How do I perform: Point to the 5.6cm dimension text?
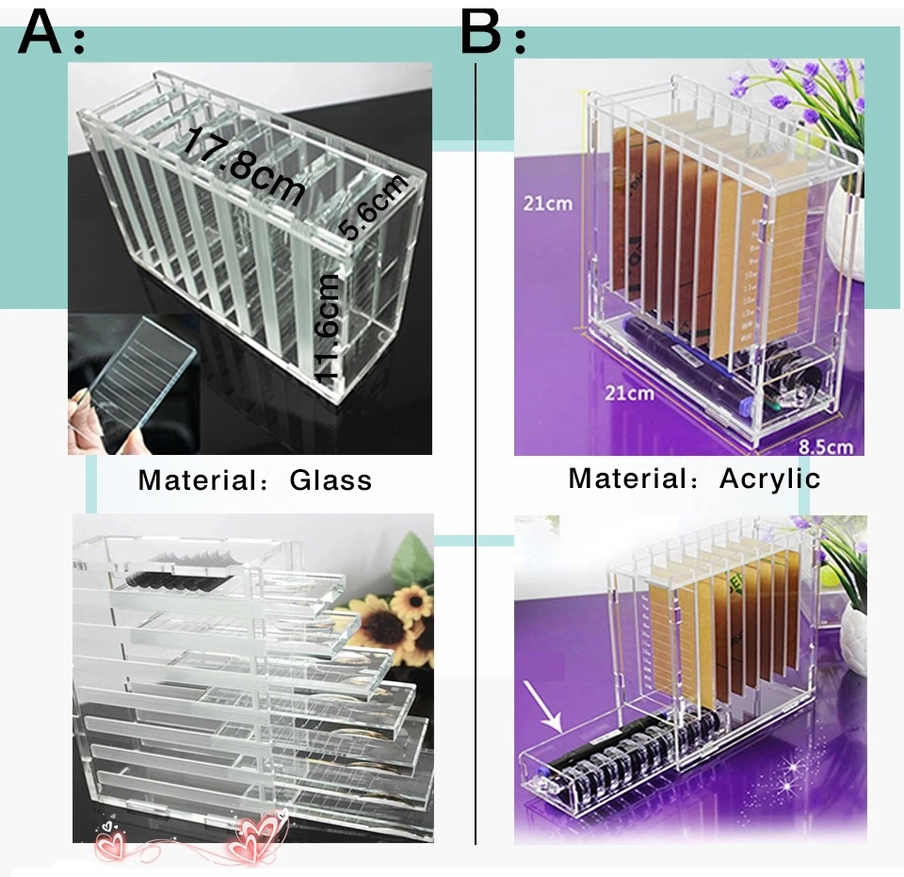point(375,208)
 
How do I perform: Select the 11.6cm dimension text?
point(327,326)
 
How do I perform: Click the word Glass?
point(331,480)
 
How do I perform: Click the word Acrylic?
point(769,478)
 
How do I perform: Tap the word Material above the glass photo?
point(194,480)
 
